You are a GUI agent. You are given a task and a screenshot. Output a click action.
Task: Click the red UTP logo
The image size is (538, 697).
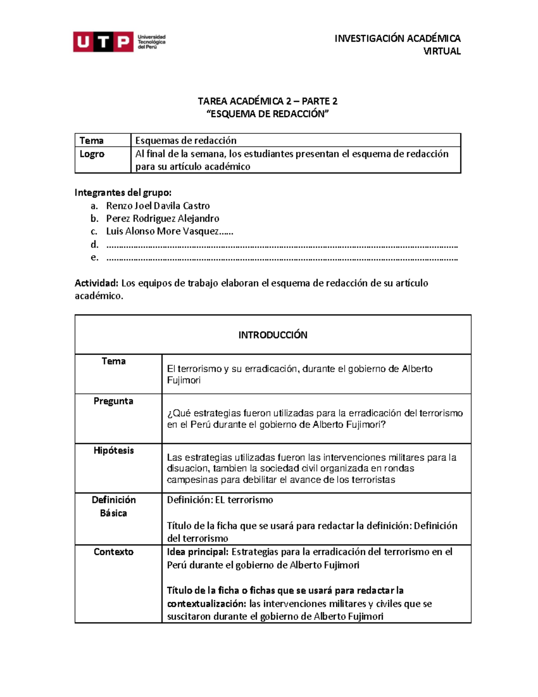(103, 42)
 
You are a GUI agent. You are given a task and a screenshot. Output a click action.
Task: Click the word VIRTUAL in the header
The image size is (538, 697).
(442, 51)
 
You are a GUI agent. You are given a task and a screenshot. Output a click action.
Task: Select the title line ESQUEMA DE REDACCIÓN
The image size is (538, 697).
(268, 114)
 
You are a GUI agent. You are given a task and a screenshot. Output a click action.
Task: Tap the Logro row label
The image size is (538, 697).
(92, 154)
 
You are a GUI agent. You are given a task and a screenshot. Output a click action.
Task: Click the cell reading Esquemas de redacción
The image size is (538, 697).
(186, 140)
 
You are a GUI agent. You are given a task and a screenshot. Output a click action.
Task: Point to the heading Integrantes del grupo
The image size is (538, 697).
(123, 193)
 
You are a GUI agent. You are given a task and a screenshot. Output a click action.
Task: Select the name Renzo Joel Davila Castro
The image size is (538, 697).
(158, 206)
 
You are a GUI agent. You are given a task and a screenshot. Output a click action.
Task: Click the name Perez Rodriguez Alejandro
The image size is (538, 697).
(162, 219)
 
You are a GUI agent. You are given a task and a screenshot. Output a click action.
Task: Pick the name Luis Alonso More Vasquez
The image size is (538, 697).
(162, 232)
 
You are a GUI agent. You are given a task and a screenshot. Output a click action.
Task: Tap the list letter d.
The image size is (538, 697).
(94, 245)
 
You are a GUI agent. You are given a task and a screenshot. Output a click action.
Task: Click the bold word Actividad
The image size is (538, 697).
(96, 283)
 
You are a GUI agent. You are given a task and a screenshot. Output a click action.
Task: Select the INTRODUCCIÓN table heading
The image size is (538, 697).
(273, 335)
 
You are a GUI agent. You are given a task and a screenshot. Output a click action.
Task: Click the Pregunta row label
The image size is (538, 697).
(113, 401)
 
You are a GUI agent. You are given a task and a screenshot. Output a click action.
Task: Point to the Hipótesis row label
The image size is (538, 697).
(113, 450)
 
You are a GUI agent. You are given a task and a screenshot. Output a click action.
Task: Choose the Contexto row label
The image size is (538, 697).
(113, 552)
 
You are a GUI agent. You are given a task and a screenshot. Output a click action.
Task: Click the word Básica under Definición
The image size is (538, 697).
(113, 513)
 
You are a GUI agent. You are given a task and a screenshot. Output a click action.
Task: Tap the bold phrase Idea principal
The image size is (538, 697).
(198, 552)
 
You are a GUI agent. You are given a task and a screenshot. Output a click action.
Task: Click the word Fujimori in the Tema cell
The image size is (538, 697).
(184, 380)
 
